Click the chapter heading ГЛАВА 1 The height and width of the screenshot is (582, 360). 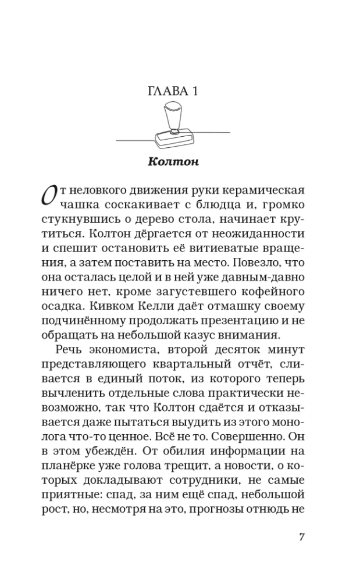pyautogui.click(x=172, y=91)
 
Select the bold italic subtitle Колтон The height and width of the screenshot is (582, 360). pyautogui.click(x=173, y=161)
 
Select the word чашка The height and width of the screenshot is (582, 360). pyautogui.click(x=80, y=206)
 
